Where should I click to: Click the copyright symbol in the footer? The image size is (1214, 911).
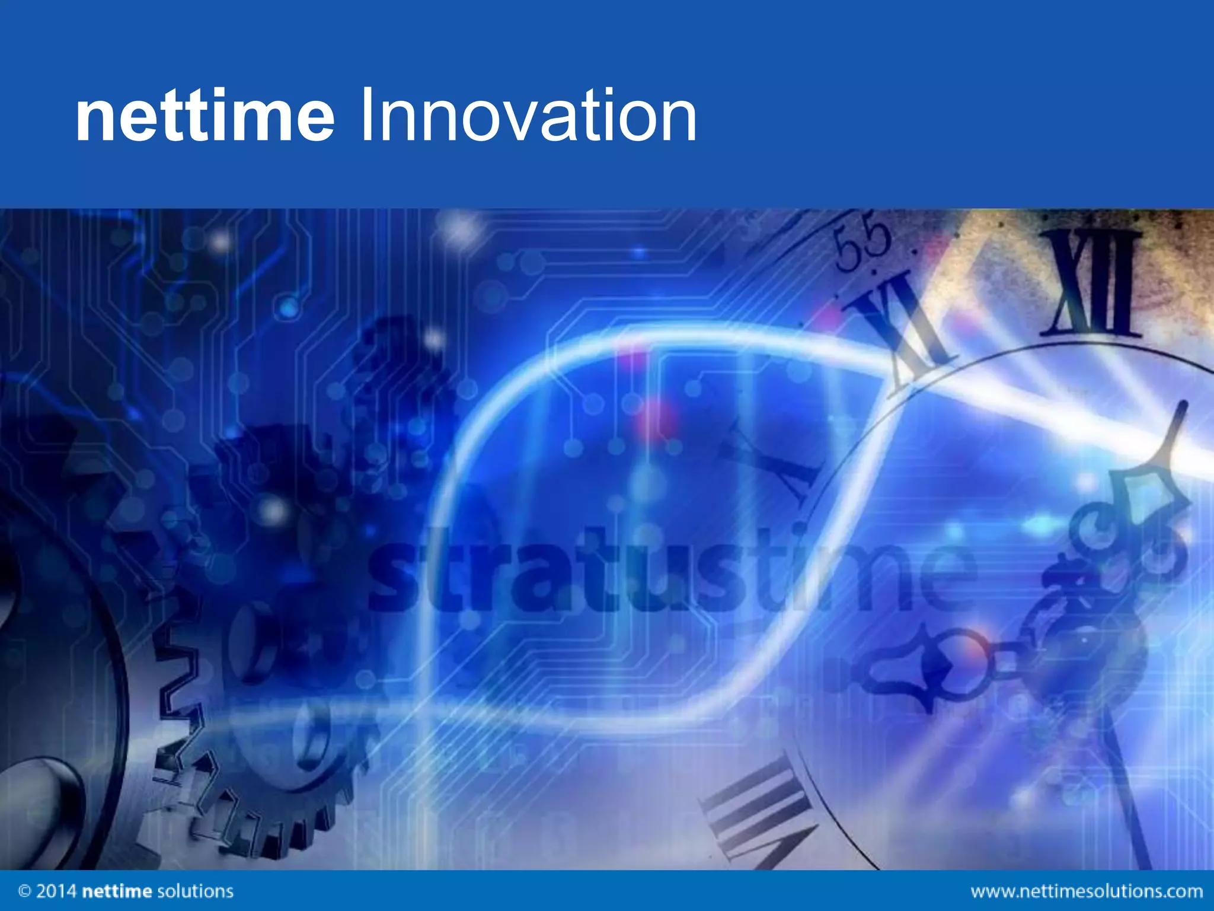pos(25,891)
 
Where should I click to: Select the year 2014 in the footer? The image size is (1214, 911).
pos(56,891)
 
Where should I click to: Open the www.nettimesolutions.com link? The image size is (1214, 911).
pos(1087,891)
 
